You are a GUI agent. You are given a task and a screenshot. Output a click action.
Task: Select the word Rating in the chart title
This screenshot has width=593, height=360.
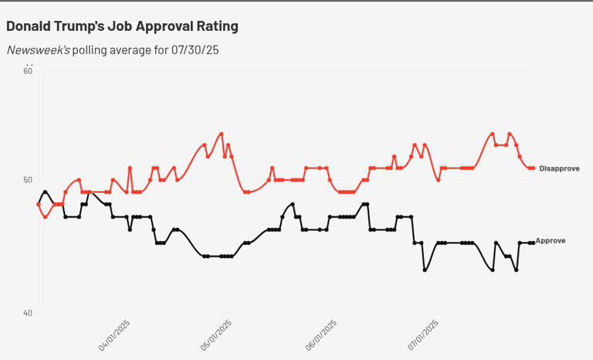point(219,26)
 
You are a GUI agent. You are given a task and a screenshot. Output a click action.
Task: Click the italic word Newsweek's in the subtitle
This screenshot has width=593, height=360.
point(39,50)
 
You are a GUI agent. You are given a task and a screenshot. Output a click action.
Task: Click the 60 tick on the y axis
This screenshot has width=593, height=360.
point(28,71)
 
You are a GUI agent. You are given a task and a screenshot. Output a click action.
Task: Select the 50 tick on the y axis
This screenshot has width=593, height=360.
point(28,181)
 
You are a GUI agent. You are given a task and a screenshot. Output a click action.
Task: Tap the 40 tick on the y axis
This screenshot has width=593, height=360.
point(28,313)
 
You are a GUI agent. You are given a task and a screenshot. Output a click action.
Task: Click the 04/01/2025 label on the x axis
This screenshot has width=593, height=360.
point(114,336)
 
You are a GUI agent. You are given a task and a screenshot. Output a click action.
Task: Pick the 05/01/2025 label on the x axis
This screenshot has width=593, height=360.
point(216,336)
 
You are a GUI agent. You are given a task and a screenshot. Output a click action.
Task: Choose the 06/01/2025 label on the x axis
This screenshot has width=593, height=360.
point(321,336)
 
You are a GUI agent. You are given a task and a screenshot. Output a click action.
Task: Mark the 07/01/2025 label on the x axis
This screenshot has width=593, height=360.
point(422,336)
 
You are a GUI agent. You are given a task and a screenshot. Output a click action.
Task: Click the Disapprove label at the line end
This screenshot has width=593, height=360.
point(559,168)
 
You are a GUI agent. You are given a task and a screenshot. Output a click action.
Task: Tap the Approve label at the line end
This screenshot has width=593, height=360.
point(551,241)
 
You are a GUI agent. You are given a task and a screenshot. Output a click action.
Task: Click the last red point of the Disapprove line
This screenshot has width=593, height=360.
point(534,168)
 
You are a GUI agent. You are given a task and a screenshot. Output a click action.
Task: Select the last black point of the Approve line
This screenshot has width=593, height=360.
point(533,243)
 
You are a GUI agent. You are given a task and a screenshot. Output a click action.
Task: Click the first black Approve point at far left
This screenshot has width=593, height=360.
point(39,204)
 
